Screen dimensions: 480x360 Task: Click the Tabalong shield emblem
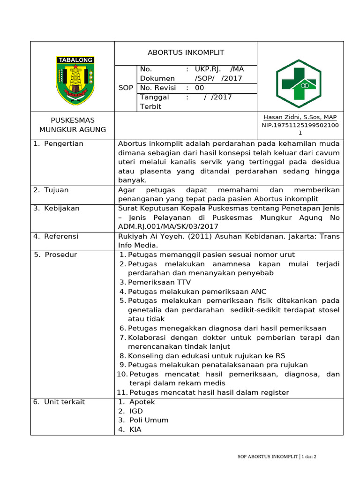(x=75, y=81)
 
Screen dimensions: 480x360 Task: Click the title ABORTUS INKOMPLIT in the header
(x=186, y=52)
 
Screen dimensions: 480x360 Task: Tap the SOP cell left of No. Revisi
(x=125, y=88)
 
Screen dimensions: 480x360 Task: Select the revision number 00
(x=200, y=88)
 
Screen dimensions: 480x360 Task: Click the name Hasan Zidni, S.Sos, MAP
(x=300, y=117)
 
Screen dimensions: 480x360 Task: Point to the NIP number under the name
(x=300, y=126)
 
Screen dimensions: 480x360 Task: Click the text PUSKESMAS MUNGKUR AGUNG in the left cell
(x=73, y=125)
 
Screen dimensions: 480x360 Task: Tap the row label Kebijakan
(x=61, y=208)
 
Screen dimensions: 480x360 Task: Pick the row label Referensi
(x=61, y=236)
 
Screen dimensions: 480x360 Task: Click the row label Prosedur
(x=60, y=255)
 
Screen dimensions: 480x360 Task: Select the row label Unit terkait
(x=64, y=402)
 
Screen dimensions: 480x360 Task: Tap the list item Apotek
(x=142, y=402)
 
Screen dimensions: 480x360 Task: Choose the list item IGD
(x=136, y=411)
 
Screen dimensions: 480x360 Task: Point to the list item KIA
(x=135, y=429)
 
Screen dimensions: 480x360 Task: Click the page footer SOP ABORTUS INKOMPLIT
(x=266, y=457)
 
